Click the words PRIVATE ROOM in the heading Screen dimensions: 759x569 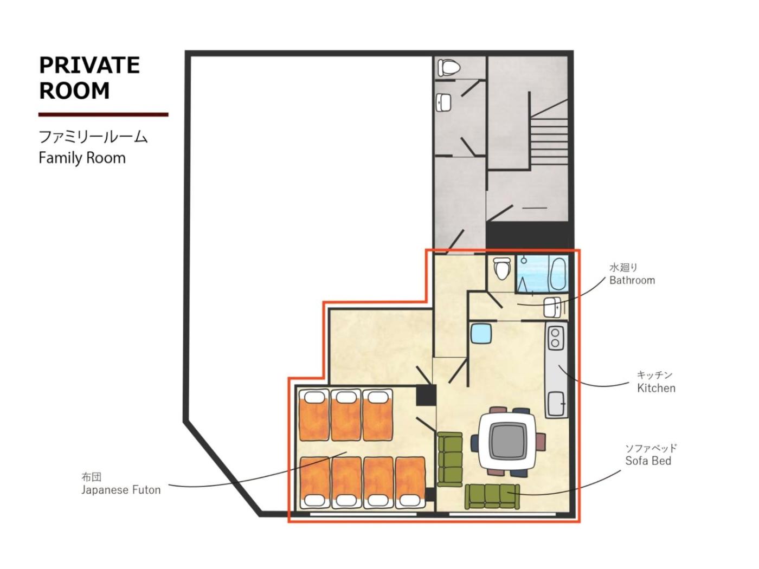(89, 77)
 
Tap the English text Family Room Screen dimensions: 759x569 (82, 158)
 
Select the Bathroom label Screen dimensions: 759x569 (632, 280)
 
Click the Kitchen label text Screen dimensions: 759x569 (656, 389)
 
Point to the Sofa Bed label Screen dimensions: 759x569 (648, 461)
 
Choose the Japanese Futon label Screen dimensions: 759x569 (121, 490)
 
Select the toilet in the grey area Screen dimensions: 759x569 (448, 68)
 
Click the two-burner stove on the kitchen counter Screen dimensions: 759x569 (555, 337)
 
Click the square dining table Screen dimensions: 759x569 (508, 442)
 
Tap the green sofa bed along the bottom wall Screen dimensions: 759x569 (492, 496)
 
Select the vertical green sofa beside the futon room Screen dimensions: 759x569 (450, 459)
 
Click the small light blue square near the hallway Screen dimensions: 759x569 (481, 333)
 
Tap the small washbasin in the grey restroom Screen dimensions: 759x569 (444, 102)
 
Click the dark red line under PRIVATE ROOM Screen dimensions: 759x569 (104, 115)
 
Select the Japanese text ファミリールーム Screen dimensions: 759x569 (93, 137)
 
